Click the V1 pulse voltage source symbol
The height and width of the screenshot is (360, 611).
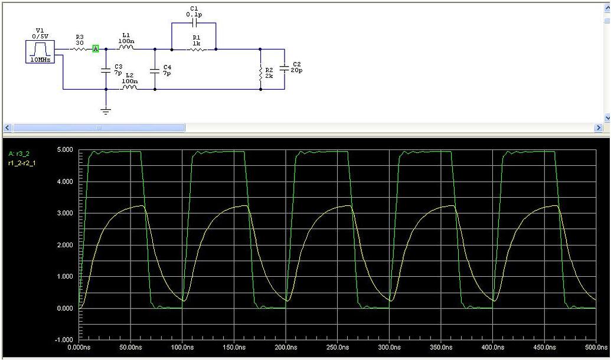point(40,51)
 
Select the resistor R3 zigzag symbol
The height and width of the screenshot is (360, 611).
point(80,49)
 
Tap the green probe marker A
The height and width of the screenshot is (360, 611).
point(96,49)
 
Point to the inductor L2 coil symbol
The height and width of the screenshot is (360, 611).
point(129,89)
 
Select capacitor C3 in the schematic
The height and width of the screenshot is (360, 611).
point(106,70)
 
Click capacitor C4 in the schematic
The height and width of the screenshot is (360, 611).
point(155,70)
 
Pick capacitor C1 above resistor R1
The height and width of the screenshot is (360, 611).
point(194,23)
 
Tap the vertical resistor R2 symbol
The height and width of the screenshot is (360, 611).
point(260,72)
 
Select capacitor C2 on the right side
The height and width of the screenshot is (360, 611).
point(284,68)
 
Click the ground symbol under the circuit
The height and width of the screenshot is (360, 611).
point(106,110)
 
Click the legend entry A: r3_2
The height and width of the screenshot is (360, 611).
point(18,153)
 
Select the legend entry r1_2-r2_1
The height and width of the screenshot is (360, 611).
point(21,162)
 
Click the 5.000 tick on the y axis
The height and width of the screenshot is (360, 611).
point(64,150)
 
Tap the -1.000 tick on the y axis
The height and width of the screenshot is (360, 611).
point(64,340)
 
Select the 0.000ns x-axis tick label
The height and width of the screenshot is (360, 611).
point(80,348)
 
